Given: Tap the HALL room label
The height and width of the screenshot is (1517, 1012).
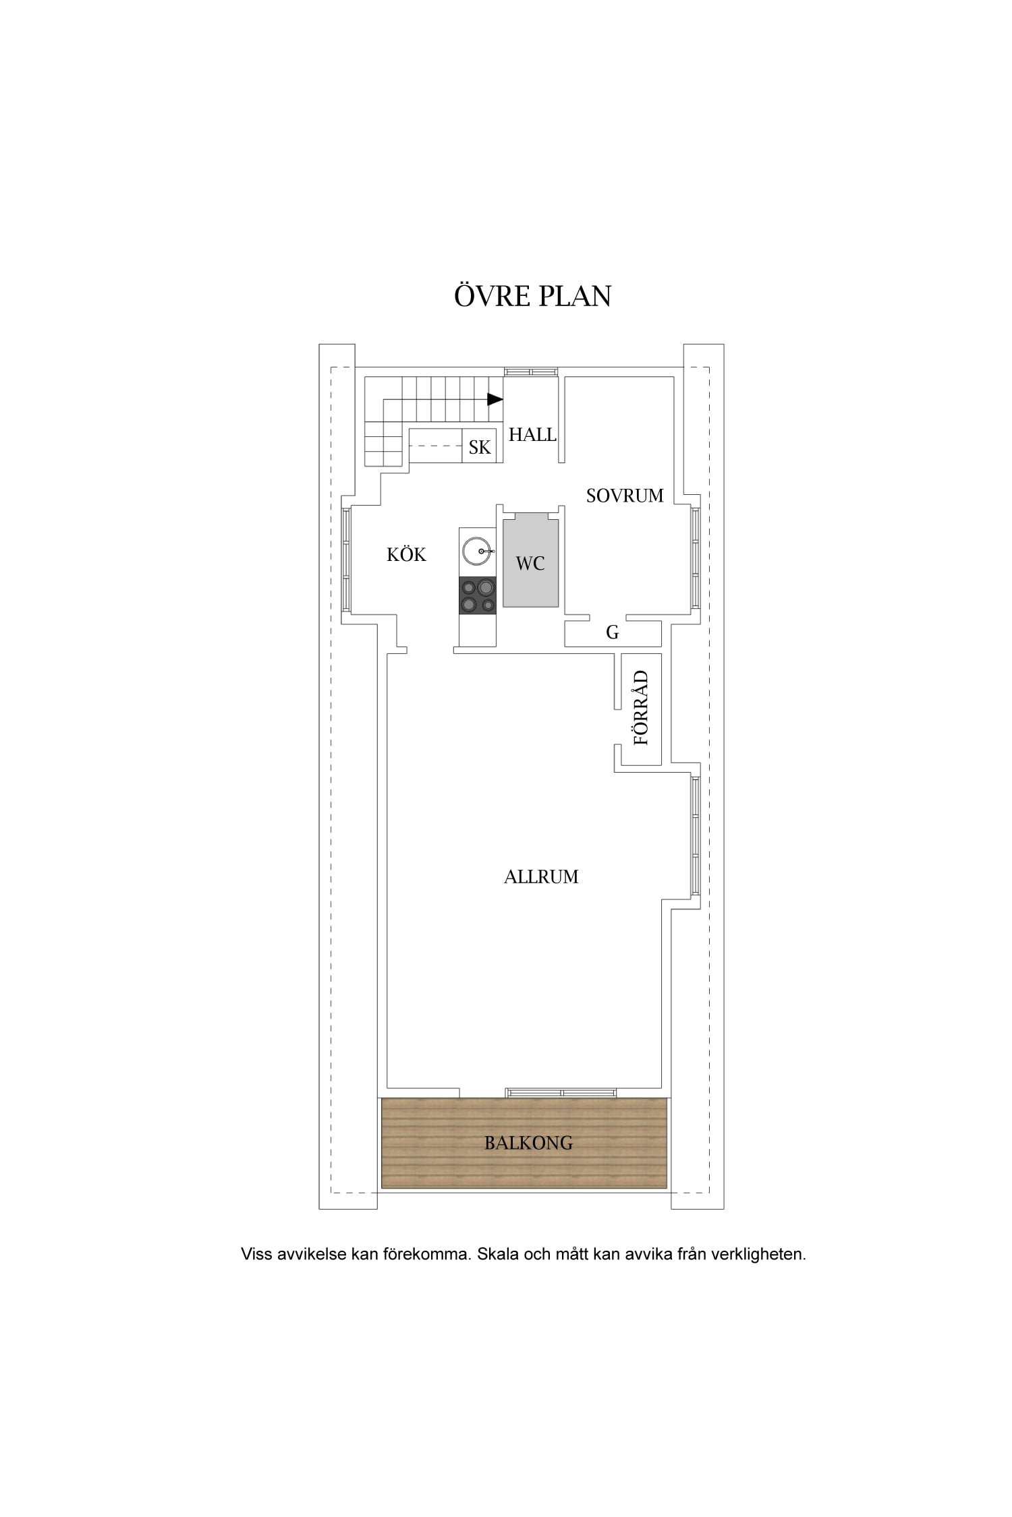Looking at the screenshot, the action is (x=532, y=435).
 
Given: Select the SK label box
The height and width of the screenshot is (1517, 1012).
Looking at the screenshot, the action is (x=480, y=446).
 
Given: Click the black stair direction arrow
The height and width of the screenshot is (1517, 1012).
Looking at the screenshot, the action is (x=495, y=399).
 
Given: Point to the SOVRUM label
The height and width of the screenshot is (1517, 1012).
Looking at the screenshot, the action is (x=625, y=496).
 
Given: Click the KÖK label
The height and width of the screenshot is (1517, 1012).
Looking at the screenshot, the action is (x=406, y=554).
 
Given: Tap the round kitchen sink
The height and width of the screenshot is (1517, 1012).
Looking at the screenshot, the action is (x=478, y=551).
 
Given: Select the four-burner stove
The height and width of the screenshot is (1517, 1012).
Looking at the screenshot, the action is (x=478, y=595).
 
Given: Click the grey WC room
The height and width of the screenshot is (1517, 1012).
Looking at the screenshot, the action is (x=530, y=560).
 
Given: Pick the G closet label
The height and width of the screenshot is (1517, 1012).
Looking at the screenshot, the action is (x=613, y=632).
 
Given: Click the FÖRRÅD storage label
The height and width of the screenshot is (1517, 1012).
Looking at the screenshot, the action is (x=641, y=707).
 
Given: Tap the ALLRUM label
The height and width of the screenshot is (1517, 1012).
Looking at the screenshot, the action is (x=541, y=876).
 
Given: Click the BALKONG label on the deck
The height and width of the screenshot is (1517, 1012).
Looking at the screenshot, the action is (x=529, y=1143).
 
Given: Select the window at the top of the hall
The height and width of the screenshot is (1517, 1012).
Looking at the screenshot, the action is (x=532, y=371).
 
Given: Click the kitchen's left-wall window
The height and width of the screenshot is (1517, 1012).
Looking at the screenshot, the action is (x=346, y=560).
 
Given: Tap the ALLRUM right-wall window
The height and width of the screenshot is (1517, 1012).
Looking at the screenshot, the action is (x=696, y=836).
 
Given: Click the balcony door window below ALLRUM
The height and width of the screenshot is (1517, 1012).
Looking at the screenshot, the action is (x=561, y=1092).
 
